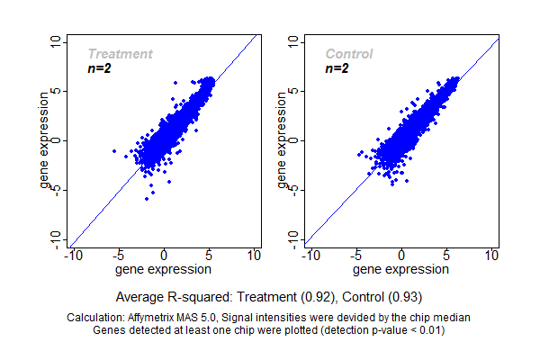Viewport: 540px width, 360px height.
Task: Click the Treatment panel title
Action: (x=120, y=54)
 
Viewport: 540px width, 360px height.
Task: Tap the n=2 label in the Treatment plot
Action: (x=99, y=68)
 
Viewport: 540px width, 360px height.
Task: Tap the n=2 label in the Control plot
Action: (x=337, y=68)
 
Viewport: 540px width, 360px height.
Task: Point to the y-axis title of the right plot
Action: (x=283, y=141)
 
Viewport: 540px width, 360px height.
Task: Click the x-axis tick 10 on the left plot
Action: (x=254, y=256)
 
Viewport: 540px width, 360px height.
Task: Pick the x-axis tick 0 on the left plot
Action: (x=165, y=256)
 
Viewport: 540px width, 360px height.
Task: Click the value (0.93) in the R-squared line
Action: (x=404, y=296)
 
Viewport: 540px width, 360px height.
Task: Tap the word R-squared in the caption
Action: (x=195, y=296)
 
